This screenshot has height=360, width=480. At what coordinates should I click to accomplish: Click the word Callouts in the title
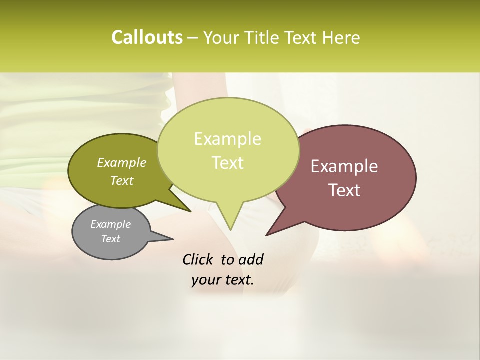pyautogui.click(x=147, y=38)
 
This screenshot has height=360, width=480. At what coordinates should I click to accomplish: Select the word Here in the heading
pyautogui.click(x=340, y=38)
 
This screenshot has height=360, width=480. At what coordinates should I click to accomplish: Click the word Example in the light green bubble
pyautogui.click(x=227, y=139)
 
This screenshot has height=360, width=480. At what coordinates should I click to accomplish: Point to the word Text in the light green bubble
pyautogui.click(x=227, y=163)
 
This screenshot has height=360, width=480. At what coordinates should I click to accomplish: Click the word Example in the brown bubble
pyautogui.click(x=344, y=166)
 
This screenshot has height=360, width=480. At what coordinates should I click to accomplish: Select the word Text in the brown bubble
pyautogui.click(x=344, y=190)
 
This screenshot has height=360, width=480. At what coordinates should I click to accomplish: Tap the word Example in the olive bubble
pyautogui.click(x=122, y=163)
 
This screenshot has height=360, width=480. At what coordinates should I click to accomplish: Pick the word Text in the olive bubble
pyautogui.click(x=122, y=180)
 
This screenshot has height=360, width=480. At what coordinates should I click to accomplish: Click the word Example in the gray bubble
pyautogui.click(x=111, y=224)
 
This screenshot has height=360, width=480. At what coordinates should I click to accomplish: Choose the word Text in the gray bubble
pyautogui.click(x=111, y=239)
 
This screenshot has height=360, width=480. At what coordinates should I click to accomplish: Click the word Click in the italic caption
pyautogui.click(x=198, y=260)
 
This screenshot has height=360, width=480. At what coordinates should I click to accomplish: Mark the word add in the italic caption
pyautogui.click(x=251, y=260)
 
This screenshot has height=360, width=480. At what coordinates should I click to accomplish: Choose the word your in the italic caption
pyautogui.click(x=206, y=280)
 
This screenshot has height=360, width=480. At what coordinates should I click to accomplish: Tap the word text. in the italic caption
pyautogui.click(x=238, y=280)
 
